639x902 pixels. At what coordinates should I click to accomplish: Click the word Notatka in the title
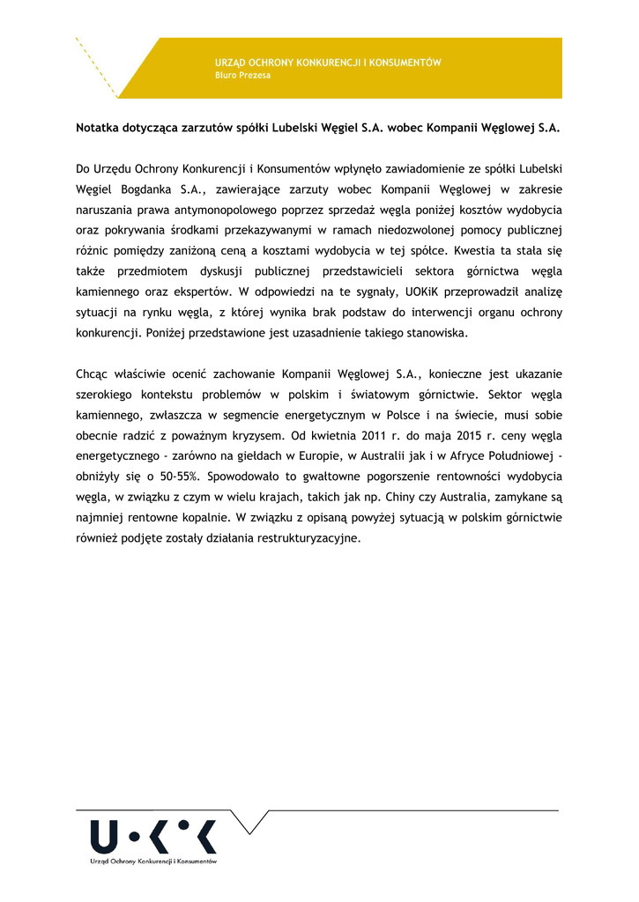[x=99, y=127]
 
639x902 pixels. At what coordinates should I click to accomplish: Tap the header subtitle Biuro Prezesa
[x=243, y=76]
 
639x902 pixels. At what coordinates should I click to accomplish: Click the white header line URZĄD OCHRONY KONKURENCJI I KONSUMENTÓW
[x=328, y=63]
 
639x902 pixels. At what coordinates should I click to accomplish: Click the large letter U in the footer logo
[x=101, y=836]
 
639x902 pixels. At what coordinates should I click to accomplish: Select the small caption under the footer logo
[x=153, y=861]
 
